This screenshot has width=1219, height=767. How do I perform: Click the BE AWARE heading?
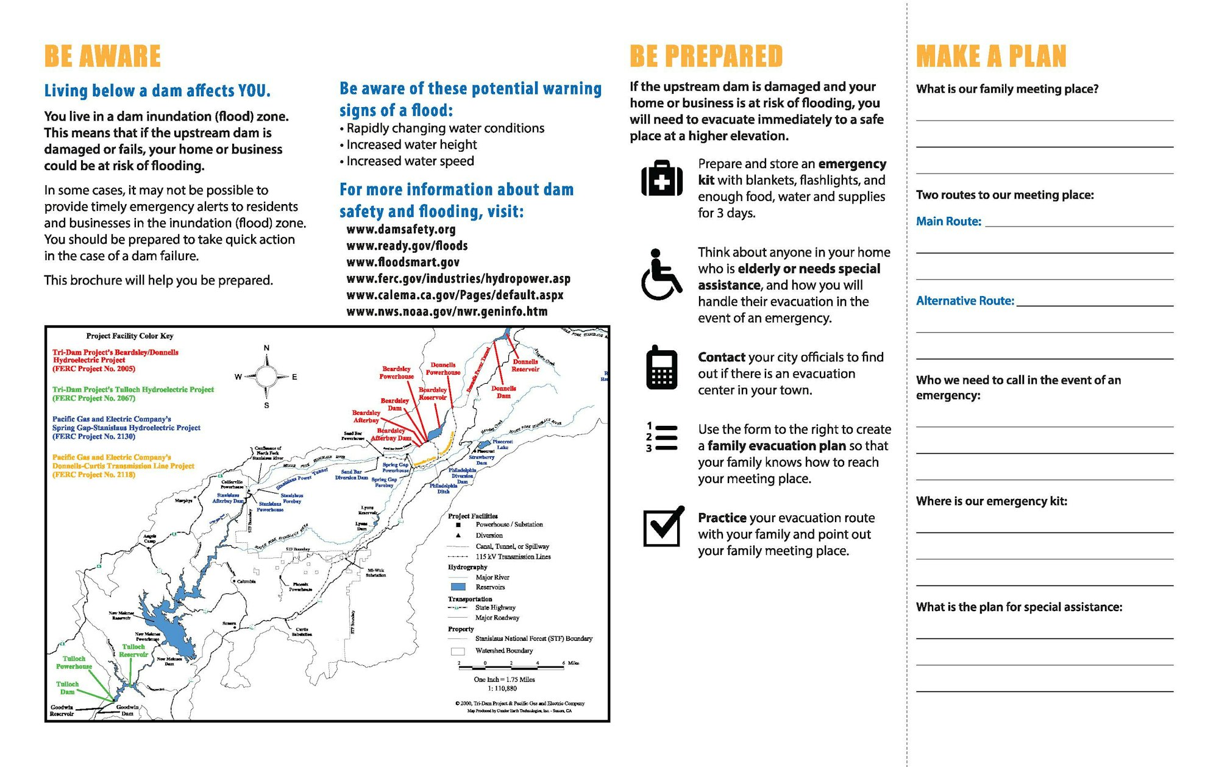pyautogui.click(x=102, y=56)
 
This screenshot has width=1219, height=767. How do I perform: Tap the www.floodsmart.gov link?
pyautogui.click(x=403, y=262)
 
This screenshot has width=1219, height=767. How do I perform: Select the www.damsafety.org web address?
pyautogui.click(x=401, y=229)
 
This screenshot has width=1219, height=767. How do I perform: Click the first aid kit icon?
pyautogui.click(x=662, y=178)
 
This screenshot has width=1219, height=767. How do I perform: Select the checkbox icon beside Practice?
pyautogui.click(x=663, y=526)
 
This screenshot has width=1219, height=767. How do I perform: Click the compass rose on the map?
pyautogui.click(x=266, y=376)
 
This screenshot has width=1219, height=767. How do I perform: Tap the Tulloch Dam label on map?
pyautogui.click(x=68, y=688)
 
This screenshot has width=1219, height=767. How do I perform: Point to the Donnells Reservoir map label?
pyautogui.click(x=525, y=366)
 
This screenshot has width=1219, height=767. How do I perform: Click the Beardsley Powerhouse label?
pyautogui.click(x=396, y=373)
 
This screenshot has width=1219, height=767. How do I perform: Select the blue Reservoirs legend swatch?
pyautogui.click(x=458, y=587)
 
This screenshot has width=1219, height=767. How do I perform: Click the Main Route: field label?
pyautogui.click(x=948, y=221)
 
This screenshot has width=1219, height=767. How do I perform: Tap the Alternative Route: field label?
pyautogui.click(x=965, y=300)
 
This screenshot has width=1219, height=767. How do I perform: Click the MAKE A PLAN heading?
pyautogui.click(x=991, y=56)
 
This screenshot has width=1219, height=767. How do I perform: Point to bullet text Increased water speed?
pyautogui.click(x=410, y=161)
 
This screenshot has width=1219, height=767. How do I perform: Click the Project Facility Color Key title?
pyautogui.click(x=130, y=336)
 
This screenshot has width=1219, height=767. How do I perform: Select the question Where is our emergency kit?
pyautogui.click(x=991, y=501)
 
